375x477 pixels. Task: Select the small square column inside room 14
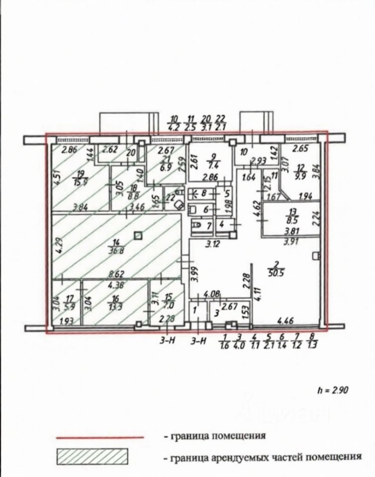tap(139, 236)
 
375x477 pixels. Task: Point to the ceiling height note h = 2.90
tap(333, 389)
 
